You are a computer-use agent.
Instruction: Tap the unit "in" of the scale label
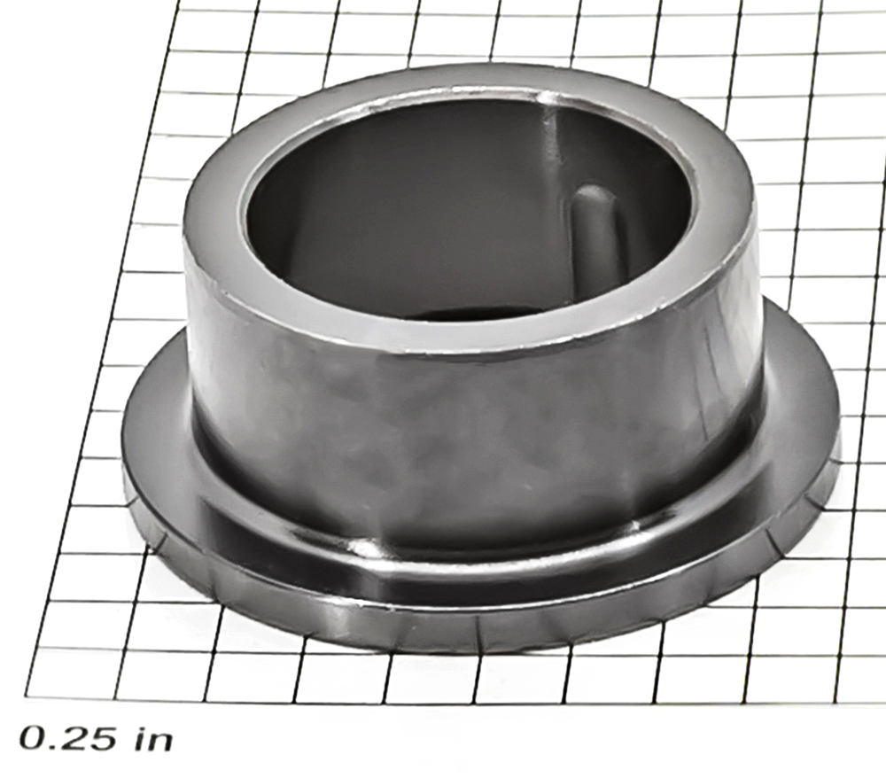(152, 737)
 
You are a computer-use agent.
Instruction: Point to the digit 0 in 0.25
(34, 738)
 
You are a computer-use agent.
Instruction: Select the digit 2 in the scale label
(75, 738)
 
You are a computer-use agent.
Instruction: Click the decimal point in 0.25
(54, 747)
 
